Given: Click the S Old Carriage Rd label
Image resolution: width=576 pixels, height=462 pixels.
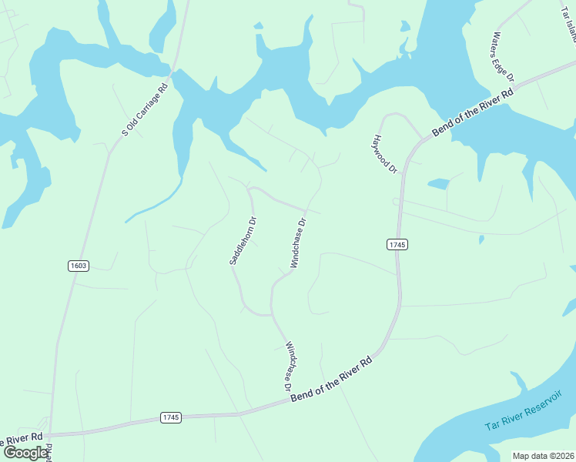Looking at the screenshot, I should (x=145, y=111).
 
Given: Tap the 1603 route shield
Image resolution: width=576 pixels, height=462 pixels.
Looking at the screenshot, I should (x=78, y=266).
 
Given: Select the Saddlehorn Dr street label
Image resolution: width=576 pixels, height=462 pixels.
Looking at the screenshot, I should (x=242, y=241).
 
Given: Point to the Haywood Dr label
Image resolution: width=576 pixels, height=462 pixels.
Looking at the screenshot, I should (x=384, y=154).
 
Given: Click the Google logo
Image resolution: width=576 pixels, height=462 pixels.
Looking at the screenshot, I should (x=25, y=453).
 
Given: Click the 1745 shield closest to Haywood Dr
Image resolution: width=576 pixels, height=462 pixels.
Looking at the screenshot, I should (x=396, y=244).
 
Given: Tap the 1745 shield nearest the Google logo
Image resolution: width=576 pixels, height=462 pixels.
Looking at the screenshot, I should (x=171, y=417).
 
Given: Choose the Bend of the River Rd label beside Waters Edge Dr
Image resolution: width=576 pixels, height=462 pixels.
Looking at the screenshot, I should (x=473, y=111).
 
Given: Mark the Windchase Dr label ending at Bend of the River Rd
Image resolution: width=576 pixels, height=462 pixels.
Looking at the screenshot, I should (x=290, y=366).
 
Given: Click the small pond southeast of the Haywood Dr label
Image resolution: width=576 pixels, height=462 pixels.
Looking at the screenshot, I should (x=438, y=184).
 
